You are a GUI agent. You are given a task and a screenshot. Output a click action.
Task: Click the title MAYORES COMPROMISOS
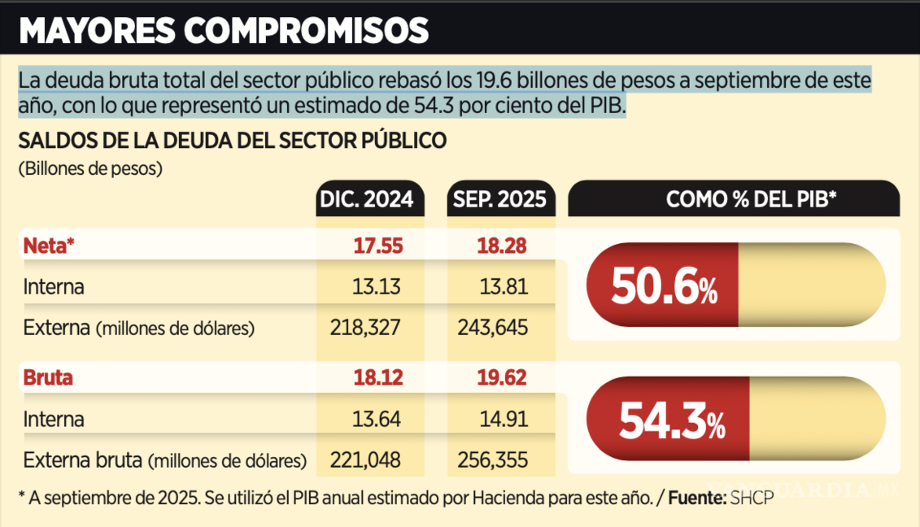pyautogui.click(x=224, y=30)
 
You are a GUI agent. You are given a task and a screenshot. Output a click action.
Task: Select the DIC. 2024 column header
pyautogui.click(x=370, y=199)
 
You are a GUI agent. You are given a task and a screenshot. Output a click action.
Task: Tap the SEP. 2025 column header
pyautogui.click(x=501, y=199)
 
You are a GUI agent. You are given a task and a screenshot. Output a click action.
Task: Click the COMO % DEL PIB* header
pyautogui.click(x=751, y=199)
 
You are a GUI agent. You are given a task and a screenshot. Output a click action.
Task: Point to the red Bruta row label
pyautogui.click(x=48, y=377)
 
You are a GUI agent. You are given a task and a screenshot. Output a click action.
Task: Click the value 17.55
pyautogui.click(x=377, y=246)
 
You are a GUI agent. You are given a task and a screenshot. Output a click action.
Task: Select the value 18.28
pyautogui.click(x=503, y=246)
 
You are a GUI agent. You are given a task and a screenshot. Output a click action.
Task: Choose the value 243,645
pyautogui.click(x=493, y=328)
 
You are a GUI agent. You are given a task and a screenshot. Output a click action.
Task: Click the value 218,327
pyautogui.click(x=365, y=328)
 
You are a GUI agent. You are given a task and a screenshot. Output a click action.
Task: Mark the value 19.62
pyautogui.click(x=503, y=377)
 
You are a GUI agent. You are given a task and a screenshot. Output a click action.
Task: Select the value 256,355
pyautogui.click(x=493, y=460)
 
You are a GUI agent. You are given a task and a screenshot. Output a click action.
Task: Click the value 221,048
pyautogui.click(x=365, y=460)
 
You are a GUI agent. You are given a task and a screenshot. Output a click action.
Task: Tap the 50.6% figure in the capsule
pyautogui.click(x=664, y=287)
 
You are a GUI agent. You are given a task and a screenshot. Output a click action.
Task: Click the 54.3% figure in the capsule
pyautogui.click(x=672, y=420)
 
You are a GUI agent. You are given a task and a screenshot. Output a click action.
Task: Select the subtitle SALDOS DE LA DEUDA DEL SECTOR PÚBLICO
pyautogui.click(x=233, y=140)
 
